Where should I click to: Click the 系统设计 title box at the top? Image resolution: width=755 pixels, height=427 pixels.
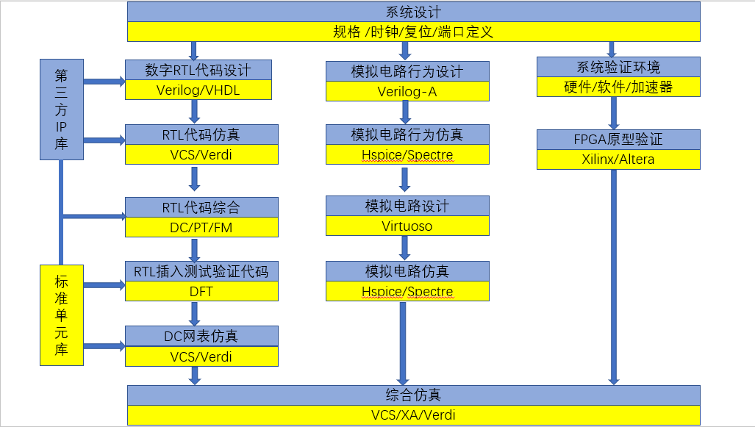click(x=413, y=12)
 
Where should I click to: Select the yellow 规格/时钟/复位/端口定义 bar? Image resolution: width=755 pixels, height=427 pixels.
click(x=413, y=32)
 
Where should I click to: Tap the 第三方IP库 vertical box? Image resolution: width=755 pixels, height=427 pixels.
click(x=61, y=110)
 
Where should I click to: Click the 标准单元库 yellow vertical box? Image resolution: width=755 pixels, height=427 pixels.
click(x=61, y=315)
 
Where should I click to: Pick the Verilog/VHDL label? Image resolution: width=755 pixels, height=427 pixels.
click(x=198, y=90)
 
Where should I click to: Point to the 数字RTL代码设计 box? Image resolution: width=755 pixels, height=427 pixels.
click(x=198, y=70)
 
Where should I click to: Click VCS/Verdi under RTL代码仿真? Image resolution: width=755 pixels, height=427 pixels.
click(x=201, y=154)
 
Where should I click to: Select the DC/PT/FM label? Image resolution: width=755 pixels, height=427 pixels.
click(x=201, y=227)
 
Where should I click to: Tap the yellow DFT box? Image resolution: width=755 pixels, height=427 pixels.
click(x=201, y=291)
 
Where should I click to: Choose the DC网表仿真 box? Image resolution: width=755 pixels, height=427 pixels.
click(x=201, y=336)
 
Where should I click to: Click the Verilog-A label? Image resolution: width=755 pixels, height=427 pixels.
click(x=407, y=91)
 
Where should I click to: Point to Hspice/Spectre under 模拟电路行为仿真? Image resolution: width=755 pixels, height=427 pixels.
click(x=407, y=154)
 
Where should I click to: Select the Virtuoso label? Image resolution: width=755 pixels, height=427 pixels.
click(x=407, y=226)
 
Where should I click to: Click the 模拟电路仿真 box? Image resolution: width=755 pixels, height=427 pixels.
click(x=407, y=271)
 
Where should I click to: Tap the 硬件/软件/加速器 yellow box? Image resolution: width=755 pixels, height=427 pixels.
click(x=618, y=87)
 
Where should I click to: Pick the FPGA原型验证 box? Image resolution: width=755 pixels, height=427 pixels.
click(x=618, y=139)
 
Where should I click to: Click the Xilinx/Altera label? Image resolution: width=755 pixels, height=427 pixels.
click(x=618, y=159)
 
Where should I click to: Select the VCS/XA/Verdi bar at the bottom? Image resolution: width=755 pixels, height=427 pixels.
click(x=413, y=415)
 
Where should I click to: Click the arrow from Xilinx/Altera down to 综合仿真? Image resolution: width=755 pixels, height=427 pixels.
click(x=613, y=276)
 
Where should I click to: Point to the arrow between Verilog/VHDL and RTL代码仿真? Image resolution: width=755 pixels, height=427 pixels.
click(x=195, y=111)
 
